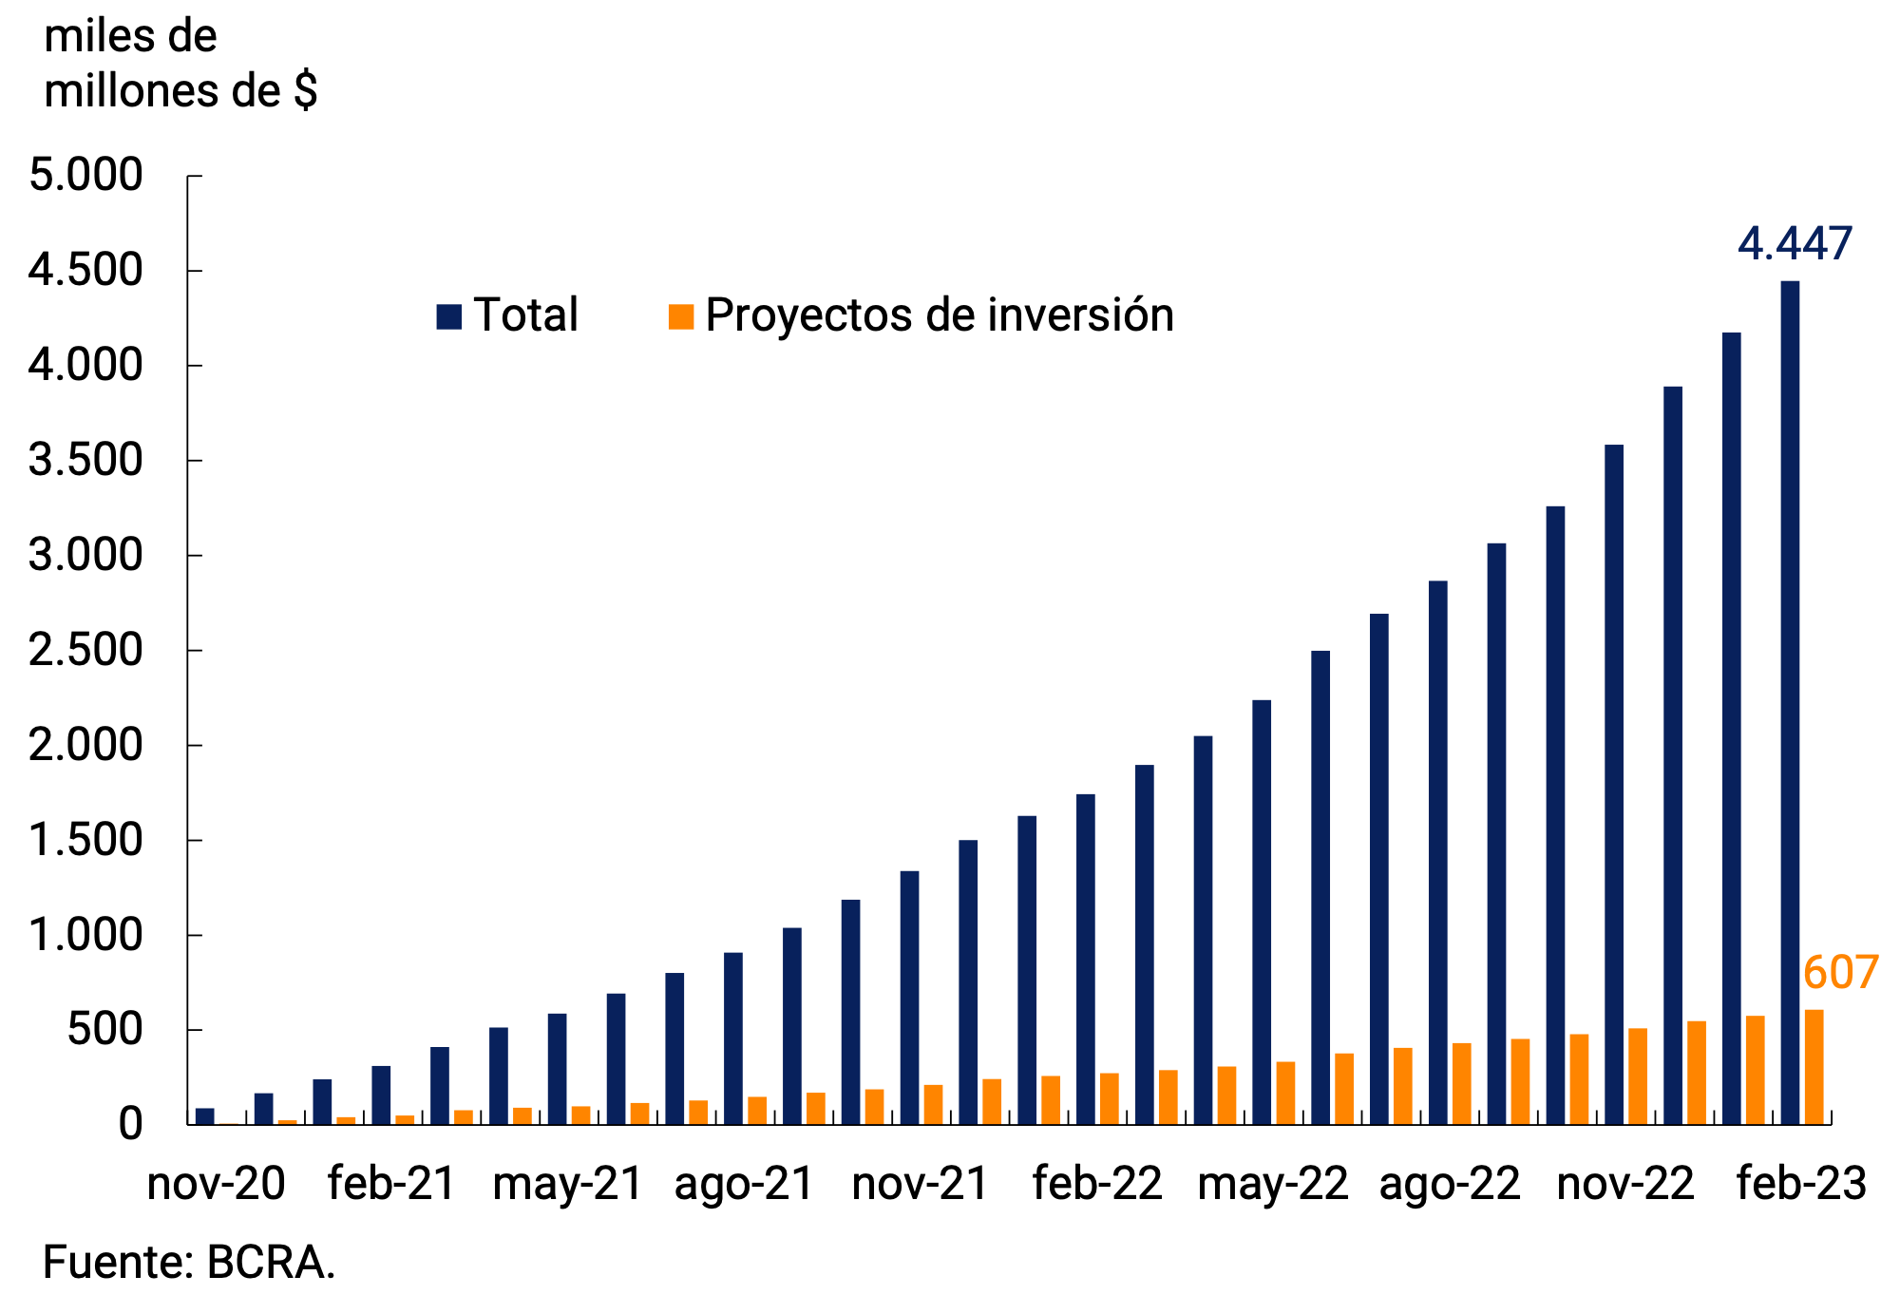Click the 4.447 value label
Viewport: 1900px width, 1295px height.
click(x=1794, y=244)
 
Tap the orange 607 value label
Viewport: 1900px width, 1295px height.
click(x=1840, y=973)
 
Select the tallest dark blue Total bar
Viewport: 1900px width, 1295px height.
click(x=1789, y=703)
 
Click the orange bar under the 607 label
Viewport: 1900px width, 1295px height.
click(x=1814, y=1068)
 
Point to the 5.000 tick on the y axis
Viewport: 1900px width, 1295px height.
click(x=85, y=176)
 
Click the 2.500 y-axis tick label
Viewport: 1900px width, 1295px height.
click(x=85, y=651)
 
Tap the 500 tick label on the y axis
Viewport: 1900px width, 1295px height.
click(x=104, y=1030)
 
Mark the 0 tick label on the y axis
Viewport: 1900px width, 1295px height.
click(x=130, y=1125)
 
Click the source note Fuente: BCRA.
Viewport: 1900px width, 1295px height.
click(x=189, y=1264)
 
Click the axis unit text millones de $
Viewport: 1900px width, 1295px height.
click(x=180, y=91)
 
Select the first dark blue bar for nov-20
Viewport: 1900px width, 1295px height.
click(x=205, y=1116)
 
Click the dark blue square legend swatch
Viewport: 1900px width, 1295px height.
click(x=448, y=316)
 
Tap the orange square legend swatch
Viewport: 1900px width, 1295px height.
click(x=681, y=316)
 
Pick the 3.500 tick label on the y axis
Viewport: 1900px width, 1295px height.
click(x=85, y=461)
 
